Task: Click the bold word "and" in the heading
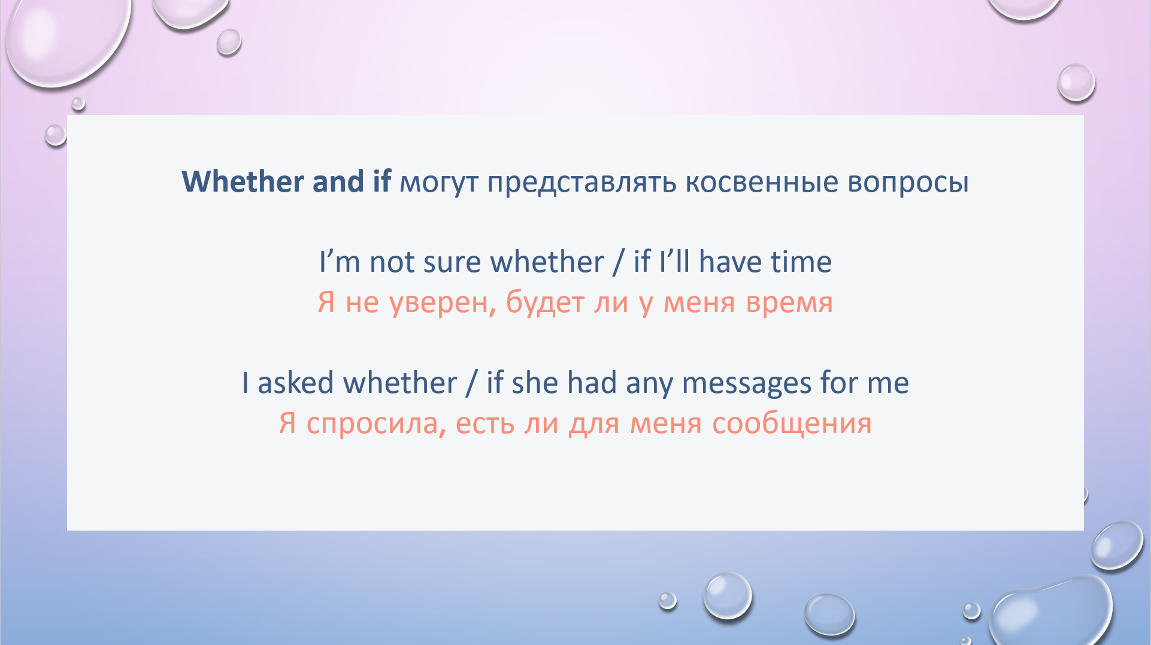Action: click(338, 181)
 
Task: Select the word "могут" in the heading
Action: click(439, 183)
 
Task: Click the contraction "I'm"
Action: click(340, 262)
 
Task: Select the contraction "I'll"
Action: click(674, 261)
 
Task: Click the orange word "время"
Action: click(789, 303)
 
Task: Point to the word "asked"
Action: click(295, 382)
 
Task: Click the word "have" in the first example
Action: click(729, 262)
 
